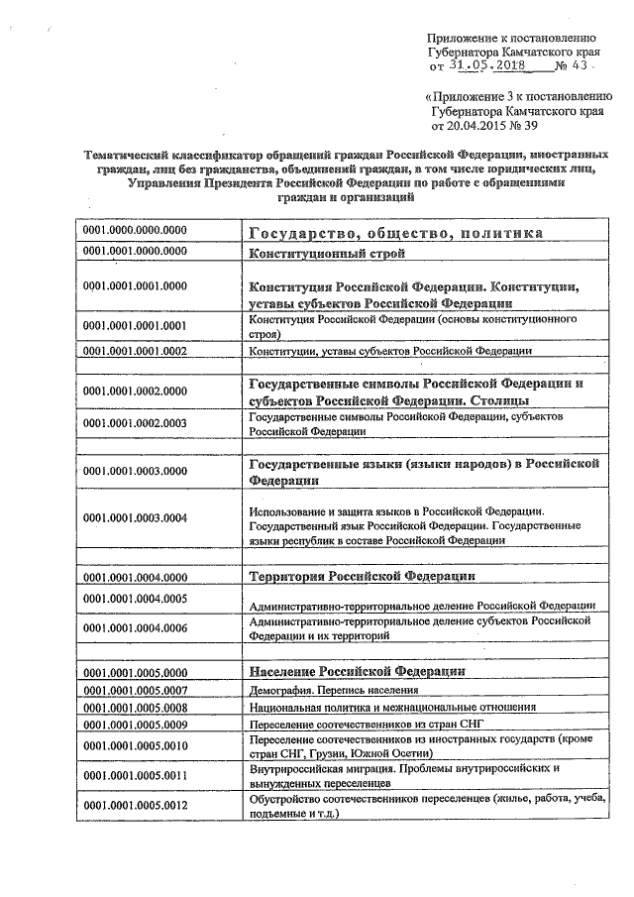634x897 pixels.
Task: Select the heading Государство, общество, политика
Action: pos(394,233)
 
